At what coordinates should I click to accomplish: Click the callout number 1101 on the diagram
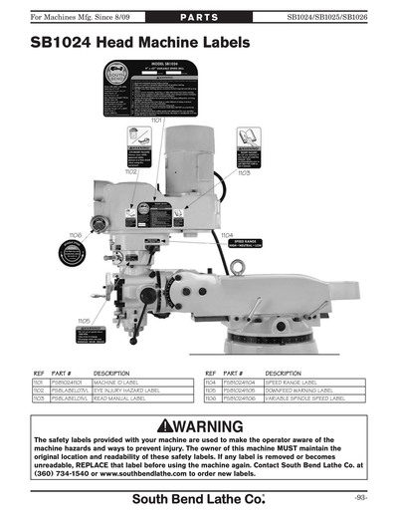click(156, 120)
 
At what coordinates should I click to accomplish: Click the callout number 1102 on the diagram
click(131, 171)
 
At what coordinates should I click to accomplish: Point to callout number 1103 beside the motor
click(243, 173)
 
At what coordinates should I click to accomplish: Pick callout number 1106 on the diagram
click(76, 235)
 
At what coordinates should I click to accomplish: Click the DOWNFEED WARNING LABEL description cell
click(308, 389)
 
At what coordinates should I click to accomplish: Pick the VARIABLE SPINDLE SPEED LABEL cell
click(308, 398)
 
